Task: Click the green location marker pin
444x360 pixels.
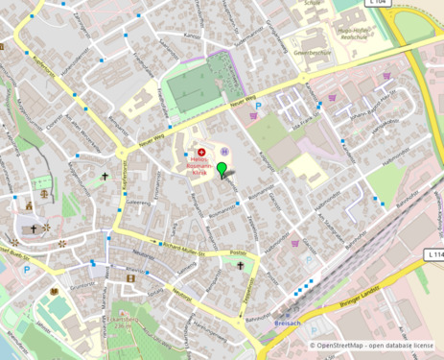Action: coord(222,170)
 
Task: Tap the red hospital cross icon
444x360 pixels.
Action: coord(201,152)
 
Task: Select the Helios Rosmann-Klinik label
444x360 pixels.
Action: coord(201,165)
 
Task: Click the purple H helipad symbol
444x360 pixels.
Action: coord(224,152)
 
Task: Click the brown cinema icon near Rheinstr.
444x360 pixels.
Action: coord(130,277)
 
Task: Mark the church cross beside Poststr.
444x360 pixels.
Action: coord(241,266)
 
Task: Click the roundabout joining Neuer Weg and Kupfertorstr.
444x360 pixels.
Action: coord(122,152)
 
